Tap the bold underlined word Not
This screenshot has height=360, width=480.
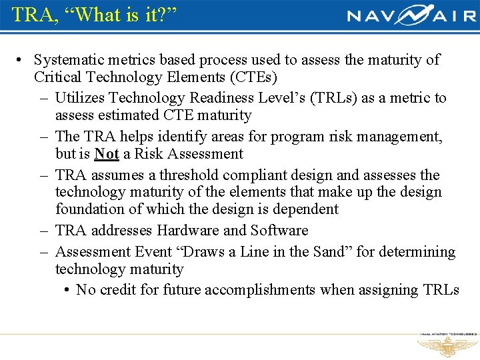coord(106,154)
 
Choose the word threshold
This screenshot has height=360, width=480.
coord(189,175)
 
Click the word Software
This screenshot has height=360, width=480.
coord(279,231)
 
